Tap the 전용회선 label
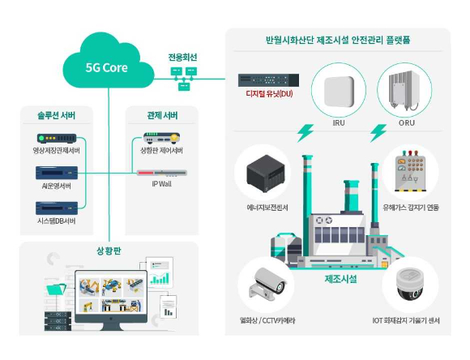click(183, 58)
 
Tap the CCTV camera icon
click(267, 285)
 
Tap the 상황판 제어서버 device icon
click(161, 138)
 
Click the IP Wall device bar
click(161, 173)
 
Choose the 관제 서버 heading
click(161, 113)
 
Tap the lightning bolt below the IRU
click(306, 131)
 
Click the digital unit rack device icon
click(268, 79)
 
